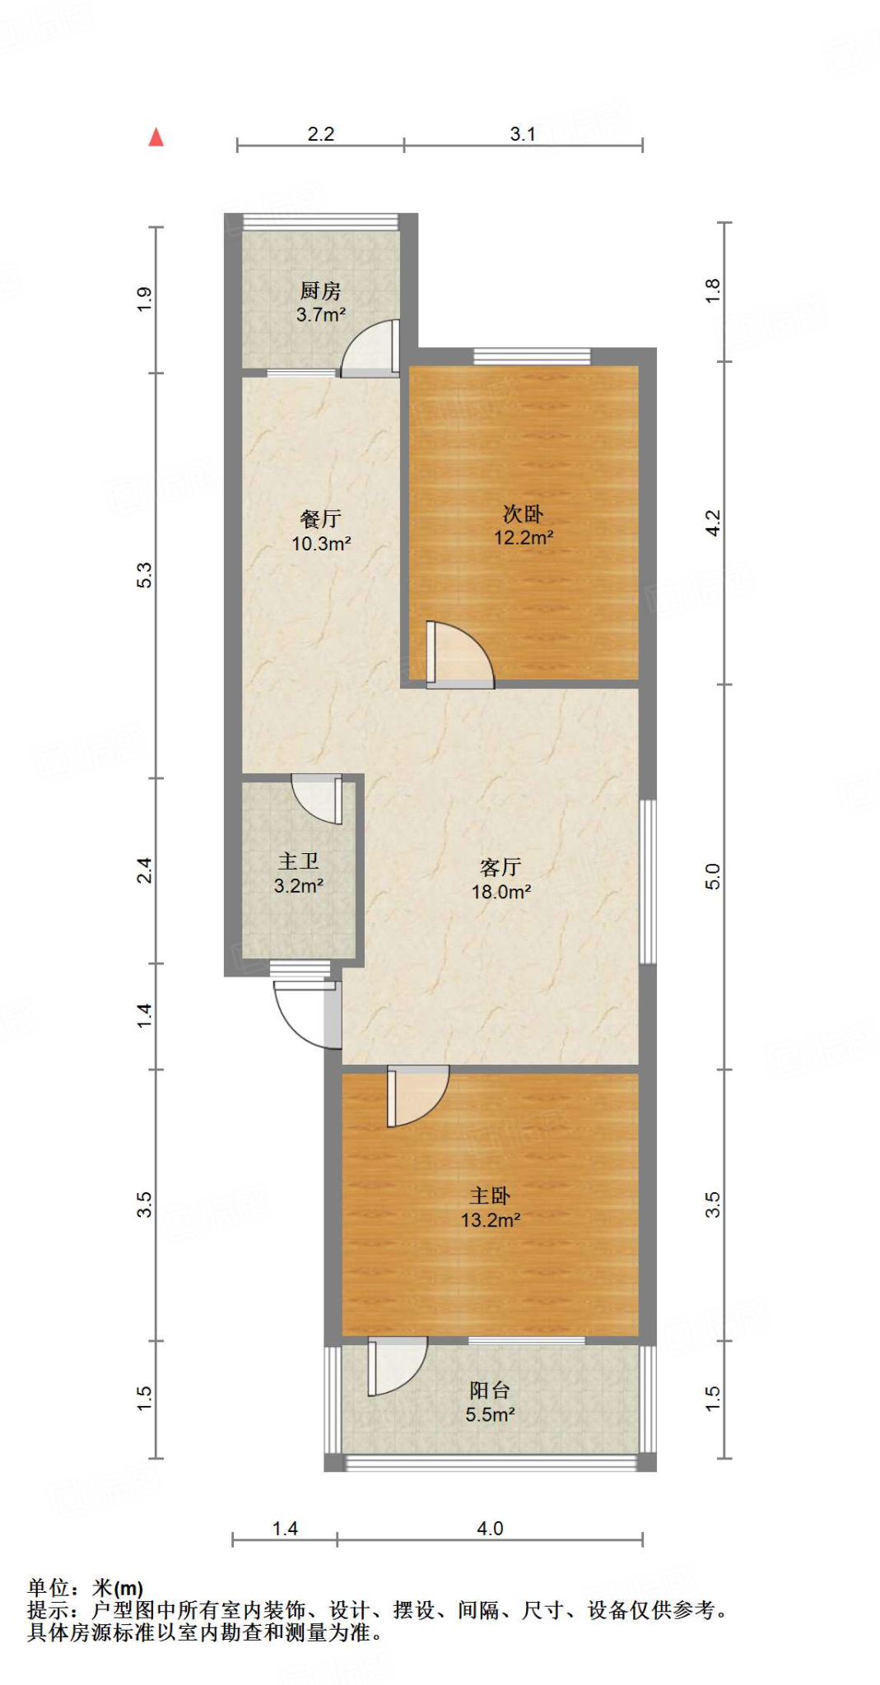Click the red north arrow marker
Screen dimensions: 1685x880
(156, 137)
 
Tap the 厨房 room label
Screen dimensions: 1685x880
(320, 290)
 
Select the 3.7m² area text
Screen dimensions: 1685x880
(320, 314)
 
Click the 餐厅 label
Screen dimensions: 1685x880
(320, 519)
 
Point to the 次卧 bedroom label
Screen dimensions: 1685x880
(523, 514)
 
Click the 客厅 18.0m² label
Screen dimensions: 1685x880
(501, 880)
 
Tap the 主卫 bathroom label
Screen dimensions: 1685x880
(298, 861)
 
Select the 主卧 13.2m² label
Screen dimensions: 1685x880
(490, 1208)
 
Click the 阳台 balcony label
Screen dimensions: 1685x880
(490, 1390)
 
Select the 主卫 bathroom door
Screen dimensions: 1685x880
(317, 798)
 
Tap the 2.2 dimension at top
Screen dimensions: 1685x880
(320, 134)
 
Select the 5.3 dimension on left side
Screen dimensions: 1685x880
(145, 574)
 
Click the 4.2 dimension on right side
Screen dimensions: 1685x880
(713, 523)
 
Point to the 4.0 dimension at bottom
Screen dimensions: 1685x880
(490, 1529)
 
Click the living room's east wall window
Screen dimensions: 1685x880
(649, 880)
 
